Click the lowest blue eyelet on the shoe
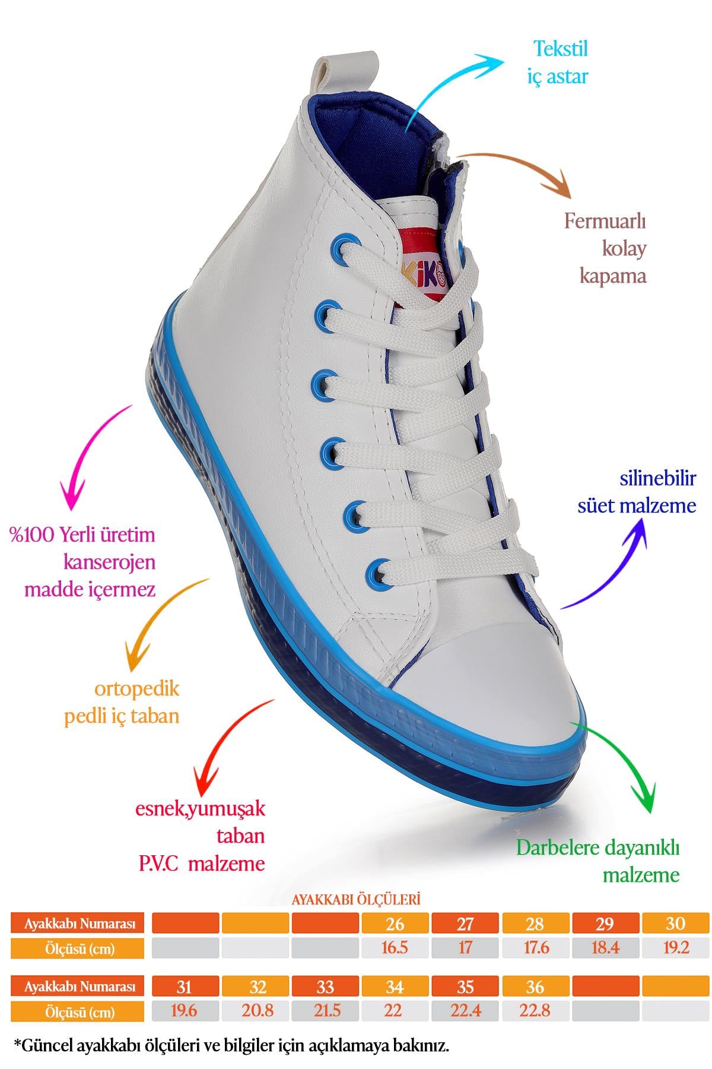point(379,573)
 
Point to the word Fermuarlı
point(605,222)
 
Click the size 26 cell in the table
point(395,923)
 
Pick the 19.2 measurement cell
point(675,947)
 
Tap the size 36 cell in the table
point(535,987)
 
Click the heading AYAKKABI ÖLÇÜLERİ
point(356,899)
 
